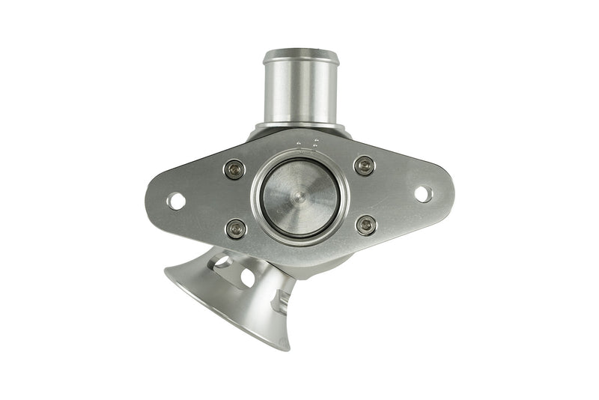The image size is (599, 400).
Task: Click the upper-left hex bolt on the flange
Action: click(234, 169)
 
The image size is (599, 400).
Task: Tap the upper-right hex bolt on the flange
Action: click(365, 166)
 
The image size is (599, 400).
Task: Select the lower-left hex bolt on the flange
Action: click(236, 228)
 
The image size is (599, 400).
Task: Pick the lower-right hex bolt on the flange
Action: click(366, 225)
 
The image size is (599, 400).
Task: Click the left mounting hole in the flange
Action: click(176, 201)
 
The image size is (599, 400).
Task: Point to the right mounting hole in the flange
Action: click(423, 194)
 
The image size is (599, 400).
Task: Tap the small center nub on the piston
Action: click(299, 198)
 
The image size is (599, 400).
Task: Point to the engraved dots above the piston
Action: click(307, 142)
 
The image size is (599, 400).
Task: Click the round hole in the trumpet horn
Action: click(247, 278)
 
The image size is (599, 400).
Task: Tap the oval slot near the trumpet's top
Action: click(222, 261)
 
